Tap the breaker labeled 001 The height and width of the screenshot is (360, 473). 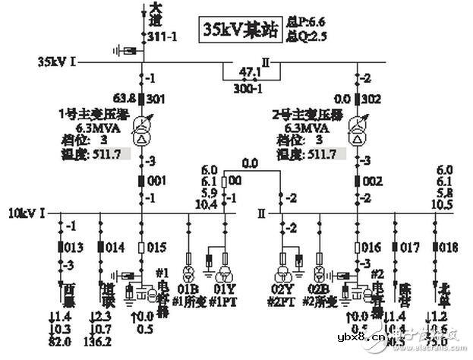click(x=142, y=182)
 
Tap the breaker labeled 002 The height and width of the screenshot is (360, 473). click(x=358, y=182)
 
